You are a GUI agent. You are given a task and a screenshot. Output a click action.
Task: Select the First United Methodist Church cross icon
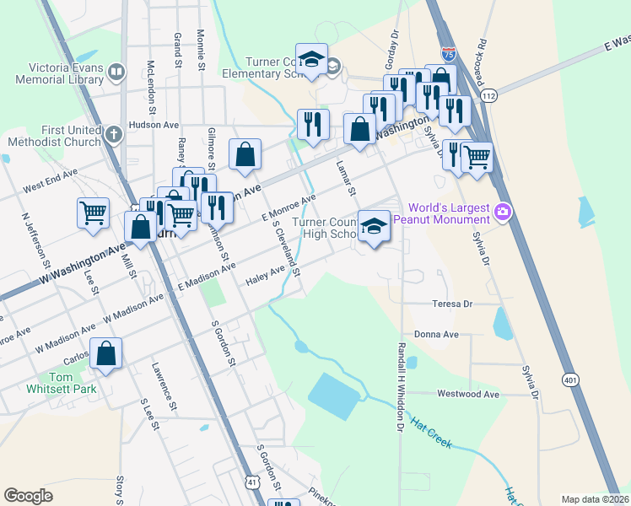114,134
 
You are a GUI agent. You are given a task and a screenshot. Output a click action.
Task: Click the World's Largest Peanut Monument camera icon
504,210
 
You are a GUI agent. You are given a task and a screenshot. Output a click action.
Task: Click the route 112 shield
489,96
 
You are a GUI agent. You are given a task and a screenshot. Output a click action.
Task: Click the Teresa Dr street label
452,304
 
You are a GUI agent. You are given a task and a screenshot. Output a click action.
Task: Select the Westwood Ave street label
468,394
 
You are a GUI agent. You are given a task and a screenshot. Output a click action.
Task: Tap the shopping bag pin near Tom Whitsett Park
106,354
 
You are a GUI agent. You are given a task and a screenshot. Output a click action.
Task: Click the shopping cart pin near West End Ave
93,213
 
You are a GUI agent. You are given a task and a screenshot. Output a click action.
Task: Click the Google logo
28,496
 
